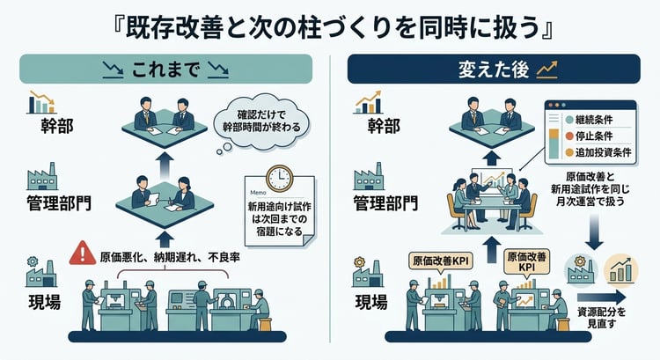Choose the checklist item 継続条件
[x=598, y=118]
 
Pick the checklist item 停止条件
[x=598, y=136]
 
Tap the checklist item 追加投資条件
[x=603, y=153]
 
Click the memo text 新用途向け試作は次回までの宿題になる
[x=273, y=219]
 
